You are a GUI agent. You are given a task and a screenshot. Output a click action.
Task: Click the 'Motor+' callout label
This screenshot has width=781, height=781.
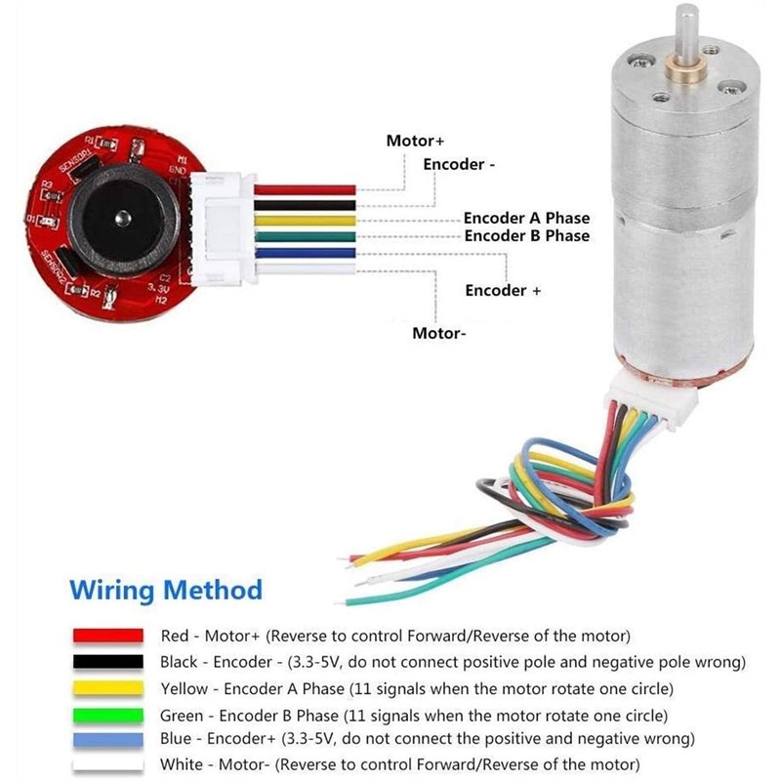pos(415,141)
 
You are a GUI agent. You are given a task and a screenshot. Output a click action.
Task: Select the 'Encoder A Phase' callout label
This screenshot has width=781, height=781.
pos(526,219)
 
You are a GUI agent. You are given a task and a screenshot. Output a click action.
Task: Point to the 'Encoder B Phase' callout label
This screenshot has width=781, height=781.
pos(526,236)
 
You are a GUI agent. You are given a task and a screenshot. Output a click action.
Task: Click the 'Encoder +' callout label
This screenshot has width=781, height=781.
pos(503,291)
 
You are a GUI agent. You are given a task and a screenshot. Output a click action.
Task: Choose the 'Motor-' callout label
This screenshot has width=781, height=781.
pos(438,334)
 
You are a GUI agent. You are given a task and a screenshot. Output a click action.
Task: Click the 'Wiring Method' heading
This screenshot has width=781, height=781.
pos(166,590)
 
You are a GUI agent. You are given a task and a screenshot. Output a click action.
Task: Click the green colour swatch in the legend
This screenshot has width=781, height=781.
pos(109,715)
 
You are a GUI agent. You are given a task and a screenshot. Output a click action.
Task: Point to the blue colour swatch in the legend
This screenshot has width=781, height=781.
pos(109,739)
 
